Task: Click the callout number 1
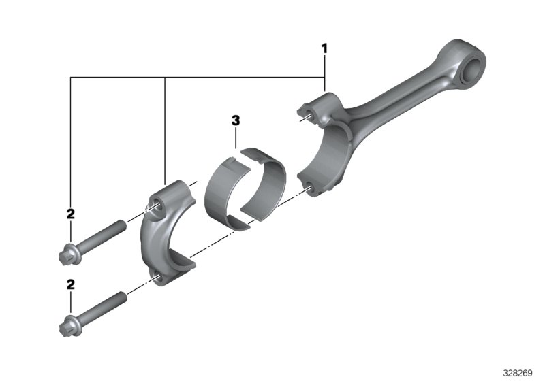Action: tap(324, 48)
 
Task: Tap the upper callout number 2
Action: tap(70, 214)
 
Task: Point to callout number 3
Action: tap(235, 120)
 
